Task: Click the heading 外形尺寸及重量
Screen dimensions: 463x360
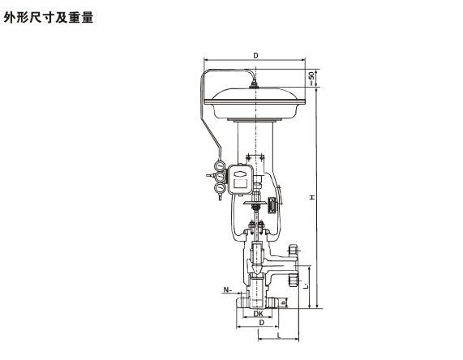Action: (x=49, y=17)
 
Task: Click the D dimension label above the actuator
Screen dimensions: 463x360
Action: (x=255, y=55)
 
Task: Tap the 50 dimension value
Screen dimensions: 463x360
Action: (x=311, y=75)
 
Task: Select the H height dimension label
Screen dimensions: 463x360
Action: (x=312, y=197)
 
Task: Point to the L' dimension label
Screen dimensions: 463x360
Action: (x=307, y=286)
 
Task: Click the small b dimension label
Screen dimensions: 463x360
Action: (x=284, y=303)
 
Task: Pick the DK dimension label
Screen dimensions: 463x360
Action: (x=259, y=314)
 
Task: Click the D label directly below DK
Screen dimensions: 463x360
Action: (x=261, y=323)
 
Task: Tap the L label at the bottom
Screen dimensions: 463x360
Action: (x=279, y=335)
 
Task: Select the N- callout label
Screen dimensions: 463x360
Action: (x=227, y=289)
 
